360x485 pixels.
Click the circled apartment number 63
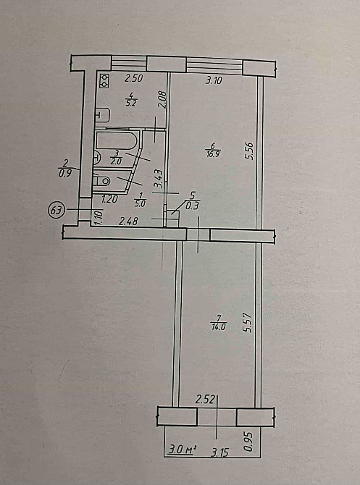pos(56,211)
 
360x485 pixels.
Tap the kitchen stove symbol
pos(104,80)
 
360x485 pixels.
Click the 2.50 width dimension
pos(133,78)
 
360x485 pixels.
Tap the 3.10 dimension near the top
pos(212,80)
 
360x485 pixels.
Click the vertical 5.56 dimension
pos(250,150)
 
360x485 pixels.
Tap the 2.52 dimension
pos(206,399)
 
